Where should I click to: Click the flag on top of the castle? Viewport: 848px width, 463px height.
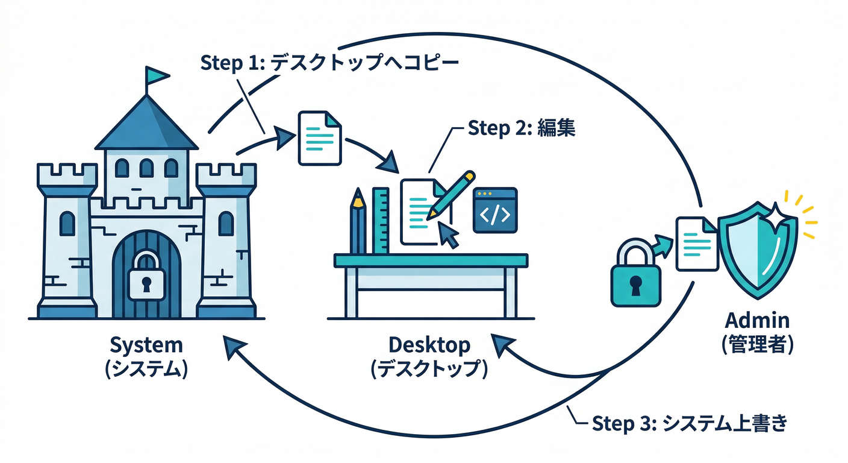pos(156,75)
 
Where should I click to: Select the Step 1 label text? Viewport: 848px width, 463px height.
pos(328,63)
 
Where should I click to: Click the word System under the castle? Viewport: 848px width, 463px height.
pos(146,346)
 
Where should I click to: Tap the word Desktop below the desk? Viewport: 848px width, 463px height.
pos(429,345)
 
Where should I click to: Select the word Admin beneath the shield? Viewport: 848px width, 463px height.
pos(757,320)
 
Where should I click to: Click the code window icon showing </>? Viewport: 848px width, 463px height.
pos(496,210)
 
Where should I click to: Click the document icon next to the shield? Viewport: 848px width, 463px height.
pos(697,244)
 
